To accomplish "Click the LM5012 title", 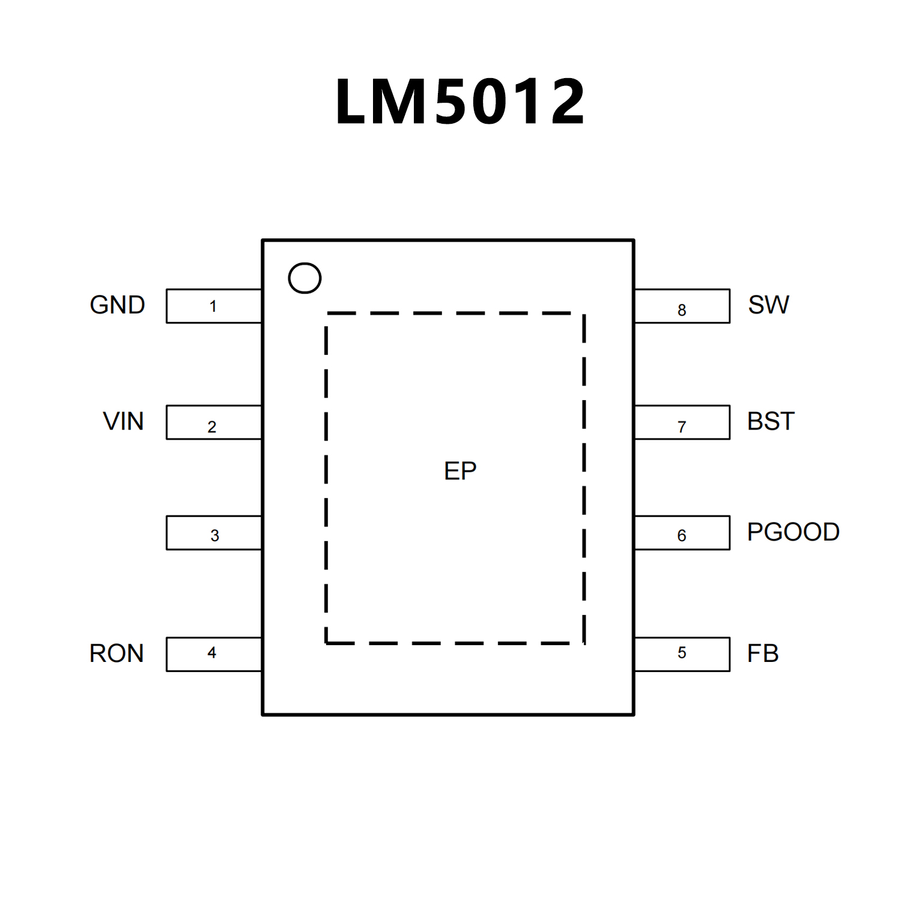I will pyautogui.click(x=460, y=102).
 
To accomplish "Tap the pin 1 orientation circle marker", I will pyautogui.click(x=305, y=278).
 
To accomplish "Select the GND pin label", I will pyautogui.click(x=117, y=305).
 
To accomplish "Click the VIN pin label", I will pyautogui.click(x=123, y=422).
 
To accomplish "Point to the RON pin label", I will pyautogui.click(x=117, y=654).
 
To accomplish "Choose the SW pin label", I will pyautogui.click(x=768, y=305).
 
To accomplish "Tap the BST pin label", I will pyautogui.click(x=771, y=422).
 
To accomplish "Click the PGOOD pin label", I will pyautogui.click(x=793, y=532).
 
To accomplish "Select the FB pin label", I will pyautogui.click(x=763, y=654).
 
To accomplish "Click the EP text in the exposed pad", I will pyautogui.click(x=460, y=471).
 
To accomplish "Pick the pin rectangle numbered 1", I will pyautogui.click(x=214, y=306).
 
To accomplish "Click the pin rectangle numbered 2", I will pyautogui.click(x=214, y=423).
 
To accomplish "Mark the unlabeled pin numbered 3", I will pyautogui.click(x=214, y=533).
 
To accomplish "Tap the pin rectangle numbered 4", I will pyautogui.click(x=214, y=654).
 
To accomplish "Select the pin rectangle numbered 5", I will pyautogui.click(x=682, y=654).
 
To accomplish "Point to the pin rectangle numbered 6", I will pyautogui.click(x=682, y=533).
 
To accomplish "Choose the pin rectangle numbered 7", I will pyautogui.click(x=682, y=423).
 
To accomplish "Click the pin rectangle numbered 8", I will pyautogui.click(x=682, y=306).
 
